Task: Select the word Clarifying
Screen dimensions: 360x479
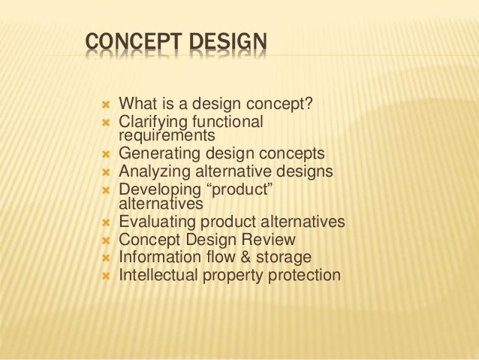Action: pyautogui.click(x=152, y=121)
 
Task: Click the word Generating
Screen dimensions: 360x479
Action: pyautogui.click(x=155, y=154)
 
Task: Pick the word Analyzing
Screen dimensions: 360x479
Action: pyautogui.click(x=152, y=171)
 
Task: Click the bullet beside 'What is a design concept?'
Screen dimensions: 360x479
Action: pyautogui.click(x=106, y=104)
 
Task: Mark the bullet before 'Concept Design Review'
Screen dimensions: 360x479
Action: pyautogui.click(x=106, y=241)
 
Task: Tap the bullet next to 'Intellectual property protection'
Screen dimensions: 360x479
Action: pyautogui.click(x=106, y=276)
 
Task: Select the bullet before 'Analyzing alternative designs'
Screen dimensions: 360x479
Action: pyautogui.click(x=106, y=172)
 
